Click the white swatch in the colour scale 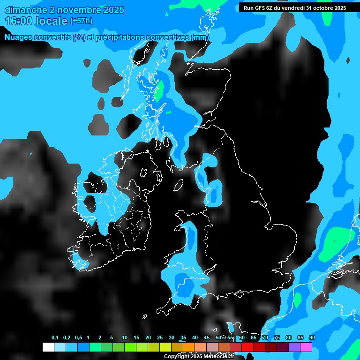pos(48,347)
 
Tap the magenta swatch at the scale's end pos(306,347)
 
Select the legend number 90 pos(312,337)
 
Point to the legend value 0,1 pos(55,337)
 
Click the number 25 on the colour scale pos(160,337)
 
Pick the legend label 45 pos(207,337)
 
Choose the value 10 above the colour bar pos(125,337)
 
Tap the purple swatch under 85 pos(294,347)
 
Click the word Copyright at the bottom pos(176,357)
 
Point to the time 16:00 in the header pos(19,21)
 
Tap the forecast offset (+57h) pos(81,21)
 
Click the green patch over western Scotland pos(159,90)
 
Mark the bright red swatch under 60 pos(247,347)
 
